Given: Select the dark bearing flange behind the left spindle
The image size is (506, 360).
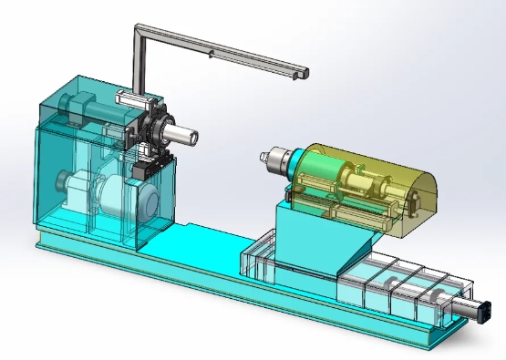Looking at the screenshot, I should click(164, 130).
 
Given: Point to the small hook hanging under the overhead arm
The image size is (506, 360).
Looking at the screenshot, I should click(212, 55).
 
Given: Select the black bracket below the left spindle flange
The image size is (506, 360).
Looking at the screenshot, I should click(144, 170).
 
